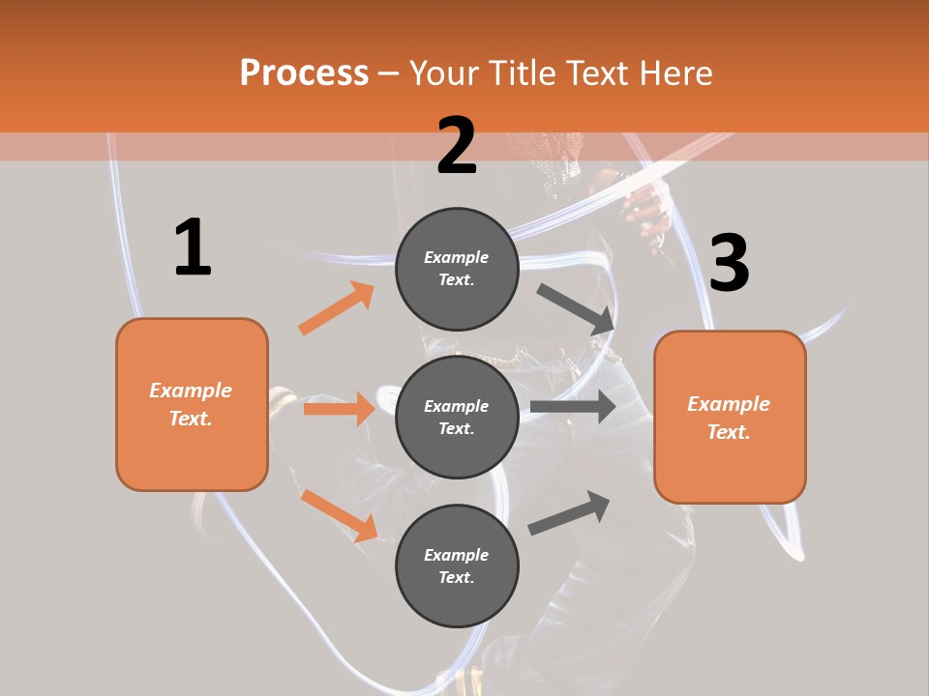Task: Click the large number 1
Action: pyautogui.click(x=193, y=248)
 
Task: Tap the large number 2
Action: pyautogui.click(x=457, y=146)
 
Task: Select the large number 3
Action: pyautogui.click(x=729, y=264)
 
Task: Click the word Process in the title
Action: pyautogui.click(x=304, y=72)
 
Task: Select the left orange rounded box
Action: pyautogui.click(x=192, y=404)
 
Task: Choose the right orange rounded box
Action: pyautogui.click(x=730, y=417)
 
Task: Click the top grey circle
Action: pyautogui.click(x=457, y=269)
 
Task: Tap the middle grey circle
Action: pyautogui.click(x=457, y=417)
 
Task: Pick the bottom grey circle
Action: pyautogui.click(x=457, y=565)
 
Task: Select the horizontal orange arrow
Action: pyautogui.click(x=339, y=409)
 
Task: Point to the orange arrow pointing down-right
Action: pyautogui.click(x=339, y=515)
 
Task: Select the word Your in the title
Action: pyautogui.click(x=444, y=72)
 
